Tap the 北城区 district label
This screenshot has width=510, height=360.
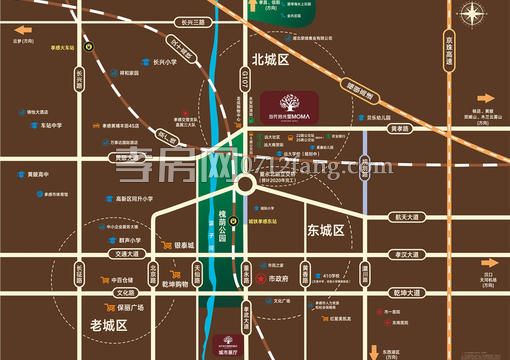270,60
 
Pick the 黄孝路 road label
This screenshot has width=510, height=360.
399,128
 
